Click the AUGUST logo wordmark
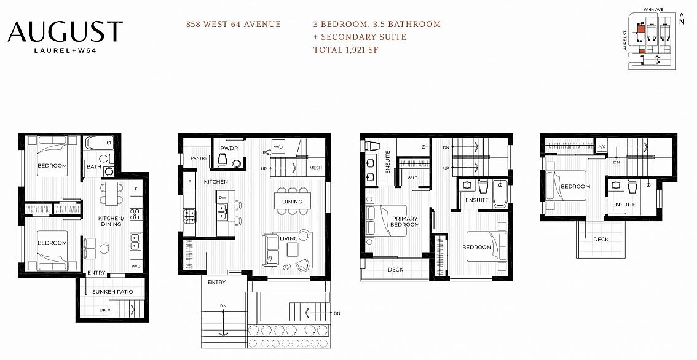65,32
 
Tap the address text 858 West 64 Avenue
234,25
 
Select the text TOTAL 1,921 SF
345,50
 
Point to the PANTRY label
199,158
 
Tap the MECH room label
315,168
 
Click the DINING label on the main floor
292,202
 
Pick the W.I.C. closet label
412,179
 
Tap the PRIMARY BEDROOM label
404,222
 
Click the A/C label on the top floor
602,147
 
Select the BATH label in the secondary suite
93,166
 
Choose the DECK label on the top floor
601,240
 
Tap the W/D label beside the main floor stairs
278,147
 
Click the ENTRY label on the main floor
216,282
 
